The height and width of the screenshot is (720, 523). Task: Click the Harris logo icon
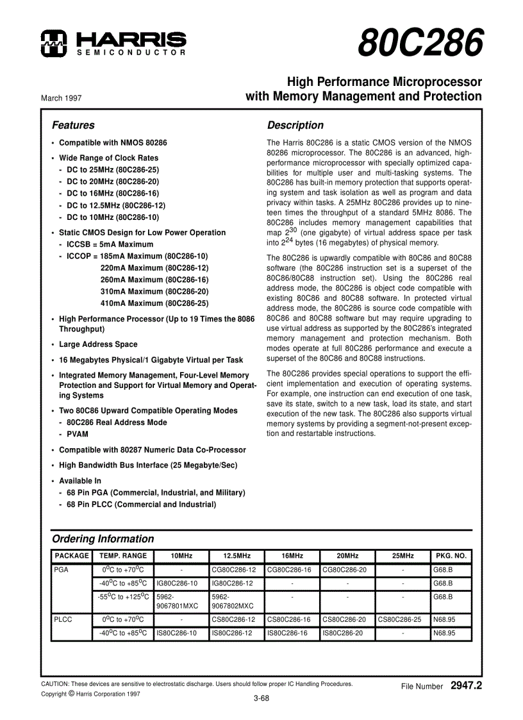(52, 42)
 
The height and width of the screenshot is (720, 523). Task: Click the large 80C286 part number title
(420, 44)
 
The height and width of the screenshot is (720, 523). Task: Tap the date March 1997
(61, 98)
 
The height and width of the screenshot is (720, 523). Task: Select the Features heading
(73, 126)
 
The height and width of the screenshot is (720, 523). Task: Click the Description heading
(295, 126)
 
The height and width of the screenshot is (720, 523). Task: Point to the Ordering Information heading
(103, 539)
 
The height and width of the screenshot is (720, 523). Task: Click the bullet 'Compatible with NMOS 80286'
(113, 143)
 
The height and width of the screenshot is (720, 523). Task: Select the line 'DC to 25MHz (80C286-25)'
(112, 169)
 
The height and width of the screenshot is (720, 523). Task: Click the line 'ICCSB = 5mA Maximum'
(110, 244)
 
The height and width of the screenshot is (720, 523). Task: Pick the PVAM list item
(78, 434)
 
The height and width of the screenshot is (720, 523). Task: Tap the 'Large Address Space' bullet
(98, 344)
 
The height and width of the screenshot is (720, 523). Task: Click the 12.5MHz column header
(237, 556)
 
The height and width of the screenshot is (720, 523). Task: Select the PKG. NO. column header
(451, 556)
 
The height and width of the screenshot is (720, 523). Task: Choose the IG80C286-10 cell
(181, 583)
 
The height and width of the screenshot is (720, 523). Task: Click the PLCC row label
(63, 620)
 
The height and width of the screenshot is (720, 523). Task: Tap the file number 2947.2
(466, 685)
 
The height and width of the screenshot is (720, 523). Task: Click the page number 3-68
(261, 699)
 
